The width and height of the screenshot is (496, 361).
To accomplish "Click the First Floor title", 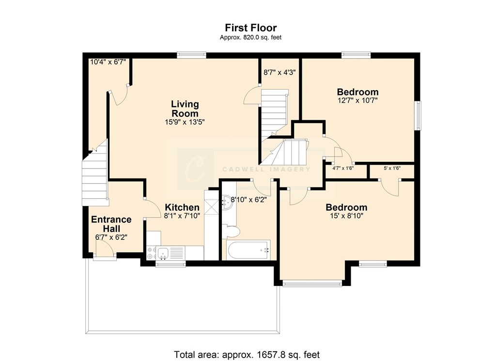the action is click(x=251, y=28).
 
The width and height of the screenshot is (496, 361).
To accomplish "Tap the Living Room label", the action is click(x=185, y=109).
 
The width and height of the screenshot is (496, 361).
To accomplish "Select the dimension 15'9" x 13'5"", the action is click(x=185, y=122).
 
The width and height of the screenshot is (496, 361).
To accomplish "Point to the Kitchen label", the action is click(x=182, y=207).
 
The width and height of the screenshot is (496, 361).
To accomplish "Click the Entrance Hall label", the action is click(x=111, y=224).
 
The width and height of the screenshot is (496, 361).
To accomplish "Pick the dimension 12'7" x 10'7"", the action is click(x=358, y=101).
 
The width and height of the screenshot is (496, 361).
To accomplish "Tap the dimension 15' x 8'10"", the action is click(x=346, y=216).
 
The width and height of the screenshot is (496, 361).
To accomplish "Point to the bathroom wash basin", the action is click(x=227, y=202).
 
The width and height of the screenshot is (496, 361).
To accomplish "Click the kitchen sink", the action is click(x=163, y=252).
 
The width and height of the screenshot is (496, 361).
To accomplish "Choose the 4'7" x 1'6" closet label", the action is click(x=343, y=168).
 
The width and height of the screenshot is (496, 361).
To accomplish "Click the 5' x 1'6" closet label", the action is click(x=392, y=168).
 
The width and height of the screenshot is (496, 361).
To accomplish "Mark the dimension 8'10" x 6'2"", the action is click(x=248, y=200).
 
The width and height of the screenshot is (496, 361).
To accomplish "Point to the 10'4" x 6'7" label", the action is click(x=108, y=62).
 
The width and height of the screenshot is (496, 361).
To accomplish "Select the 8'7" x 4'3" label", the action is click(x=279, y=73).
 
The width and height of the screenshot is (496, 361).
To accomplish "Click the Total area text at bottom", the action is click(x=247, y=354).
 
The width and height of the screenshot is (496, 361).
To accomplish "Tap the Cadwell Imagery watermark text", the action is click(x=266, y=169).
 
